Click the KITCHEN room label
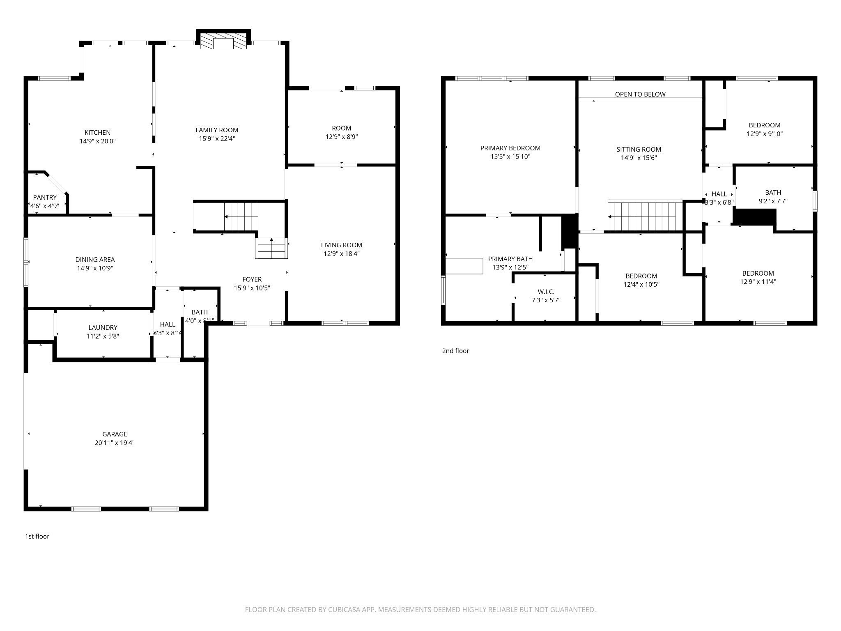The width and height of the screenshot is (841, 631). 97,132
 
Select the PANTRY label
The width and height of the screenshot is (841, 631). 45,198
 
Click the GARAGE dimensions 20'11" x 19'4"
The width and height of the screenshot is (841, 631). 115,443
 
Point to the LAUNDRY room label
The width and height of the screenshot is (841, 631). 103,327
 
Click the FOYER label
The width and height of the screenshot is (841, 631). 252,279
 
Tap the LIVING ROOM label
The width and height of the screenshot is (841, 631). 342,245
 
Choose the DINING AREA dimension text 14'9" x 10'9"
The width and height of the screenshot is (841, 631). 95,268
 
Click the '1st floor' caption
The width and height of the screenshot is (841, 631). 37,536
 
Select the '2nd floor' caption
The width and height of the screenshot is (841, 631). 455,351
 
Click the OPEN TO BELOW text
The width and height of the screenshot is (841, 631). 640,94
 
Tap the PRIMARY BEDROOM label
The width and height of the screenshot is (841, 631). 510,148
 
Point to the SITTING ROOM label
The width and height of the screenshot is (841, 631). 639,149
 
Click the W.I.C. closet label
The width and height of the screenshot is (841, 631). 546,292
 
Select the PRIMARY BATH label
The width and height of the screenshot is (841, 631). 510,259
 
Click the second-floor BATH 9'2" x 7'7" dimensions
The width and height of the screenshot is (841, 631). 773,201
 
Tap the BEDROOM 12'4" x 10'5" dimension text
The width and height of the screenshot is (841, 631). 641,284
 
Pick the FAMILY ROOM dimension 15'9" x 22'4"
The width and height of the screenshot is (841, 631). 217,139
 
